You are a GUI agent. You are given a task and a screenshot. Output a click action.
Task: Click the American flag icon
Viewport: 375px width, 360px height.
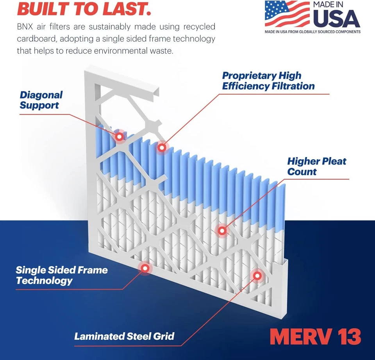(287, 14)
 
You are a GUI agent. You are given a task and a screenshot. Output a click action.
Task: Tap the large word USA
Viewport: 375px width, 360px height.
(336, 18)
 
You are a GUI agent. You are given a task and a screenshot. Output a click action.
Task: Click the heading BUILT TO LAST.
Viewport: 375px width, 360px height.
(84, 9)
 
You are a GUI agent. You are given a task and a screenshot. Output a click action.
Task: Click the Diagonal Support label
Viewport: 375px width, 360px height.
(41, 100)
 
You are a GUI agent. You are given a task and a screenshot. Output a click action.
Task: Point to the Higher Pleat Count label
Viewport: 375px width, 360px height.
(316, 167)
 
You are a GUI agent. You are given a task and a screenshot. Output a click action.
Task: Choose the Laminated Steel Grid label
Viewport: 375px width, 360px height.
(124, 336)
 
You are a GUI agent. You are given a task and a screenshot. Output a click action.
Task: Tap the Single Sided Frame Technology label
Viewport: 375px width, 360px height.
(61, 275)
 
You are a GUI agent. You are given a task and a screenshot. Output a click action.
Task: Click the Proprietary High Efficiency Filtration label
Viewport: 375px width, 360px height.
(268, 81)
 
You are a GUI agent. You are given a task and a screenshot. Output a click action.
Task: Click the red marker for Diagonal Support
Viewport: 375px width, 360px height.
(120, 136)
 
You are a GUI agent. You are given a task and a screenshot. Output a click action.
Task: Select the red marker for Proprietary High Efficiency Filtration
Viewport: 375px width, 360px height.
(161, 147)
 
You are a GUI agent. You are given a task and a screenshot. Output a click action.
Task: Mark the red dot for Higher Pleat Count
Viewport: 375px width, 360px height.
(222, 231)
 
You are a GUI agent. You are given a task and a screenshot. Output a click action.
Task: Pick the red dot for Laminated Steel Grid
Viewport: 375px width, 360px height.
(257, 276)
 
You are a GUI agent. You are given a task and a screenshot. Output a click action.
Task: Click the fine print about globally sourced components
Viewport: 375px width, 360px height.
(312, 32)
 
